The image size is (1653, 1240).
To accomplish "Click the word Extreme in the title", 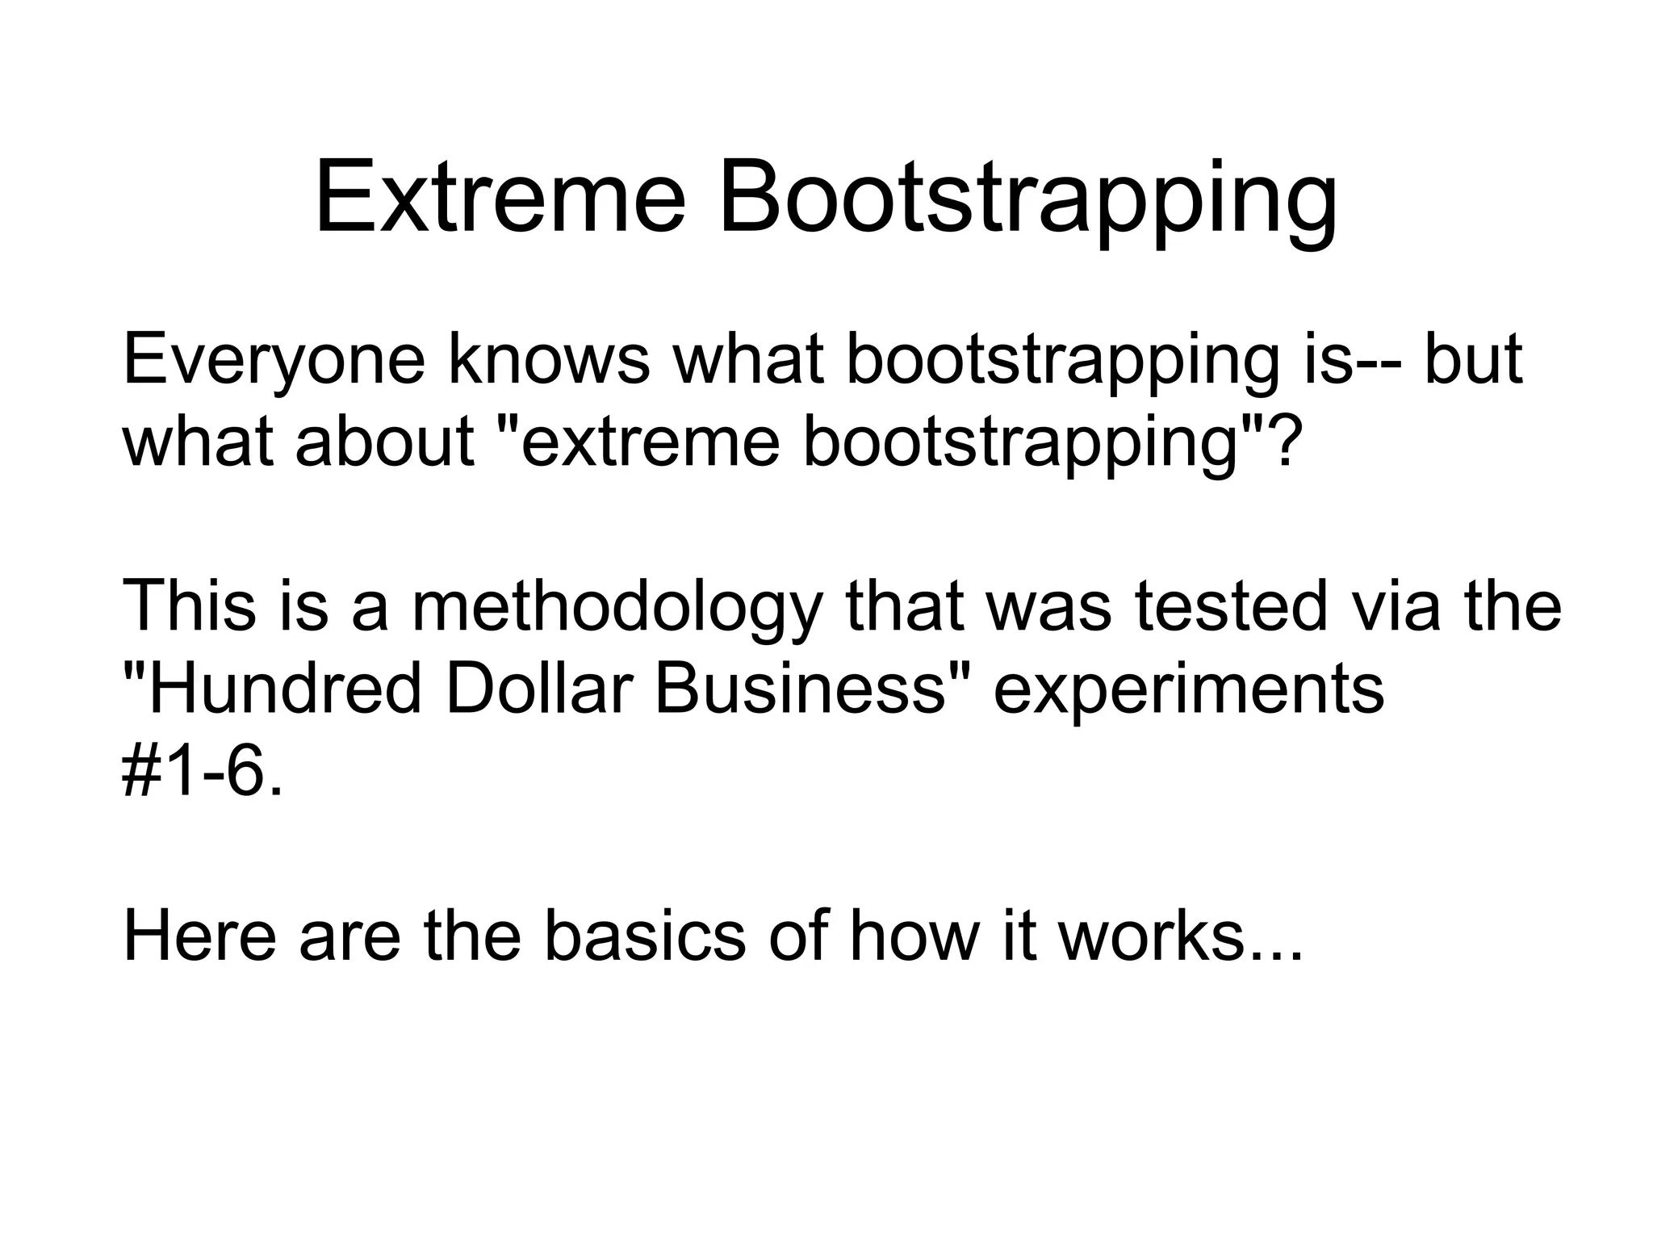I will pos(500,198).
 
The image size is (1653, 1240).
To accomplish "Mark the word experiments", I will pos(1188,693).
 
